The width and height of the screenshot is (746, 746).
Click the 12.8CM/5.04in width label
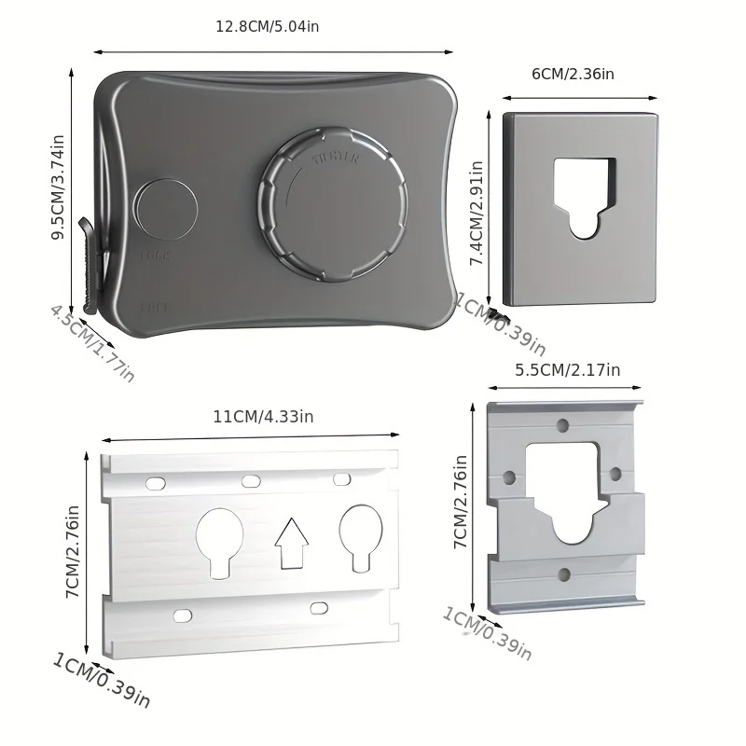267,26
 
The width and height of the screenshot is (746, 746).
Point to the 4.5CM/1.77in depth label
91,342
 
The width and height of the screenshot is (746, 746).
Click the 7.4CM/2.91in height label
477,214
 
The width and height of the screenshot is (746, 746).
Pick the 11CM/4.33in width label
263,417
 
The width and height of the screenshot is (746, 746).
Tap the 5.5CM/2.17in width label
567,369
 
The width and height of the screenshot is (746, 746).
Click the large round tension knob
333,207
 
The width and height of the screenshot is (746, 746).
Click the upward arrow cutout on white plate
292,543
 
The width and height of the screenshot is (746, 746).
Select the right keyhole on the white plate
360,536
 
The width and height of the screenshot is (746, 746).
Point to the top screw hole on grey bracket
562,425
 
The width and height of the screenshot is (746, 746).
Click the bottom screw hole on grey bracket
562,575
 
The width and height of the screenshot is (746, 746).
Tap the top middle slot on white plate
251,481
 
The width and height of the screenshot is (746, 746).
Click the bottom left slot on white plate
182,615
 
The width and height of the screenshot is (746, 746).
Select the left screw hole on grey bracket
508,477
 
